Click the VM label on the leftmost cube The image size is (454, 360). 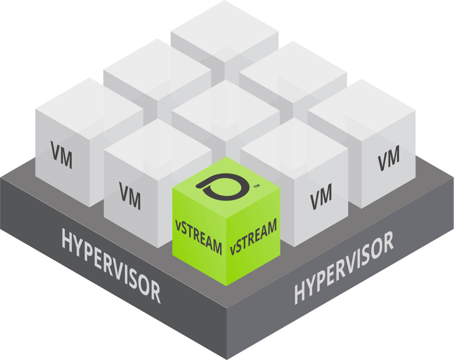click(62, 155)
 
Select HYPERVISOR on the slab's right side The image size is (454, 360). click(343, 268)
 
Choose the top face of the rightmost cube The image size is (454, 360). click(362, 108)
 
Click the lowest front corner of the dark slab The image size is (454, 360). click(226, 357)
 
